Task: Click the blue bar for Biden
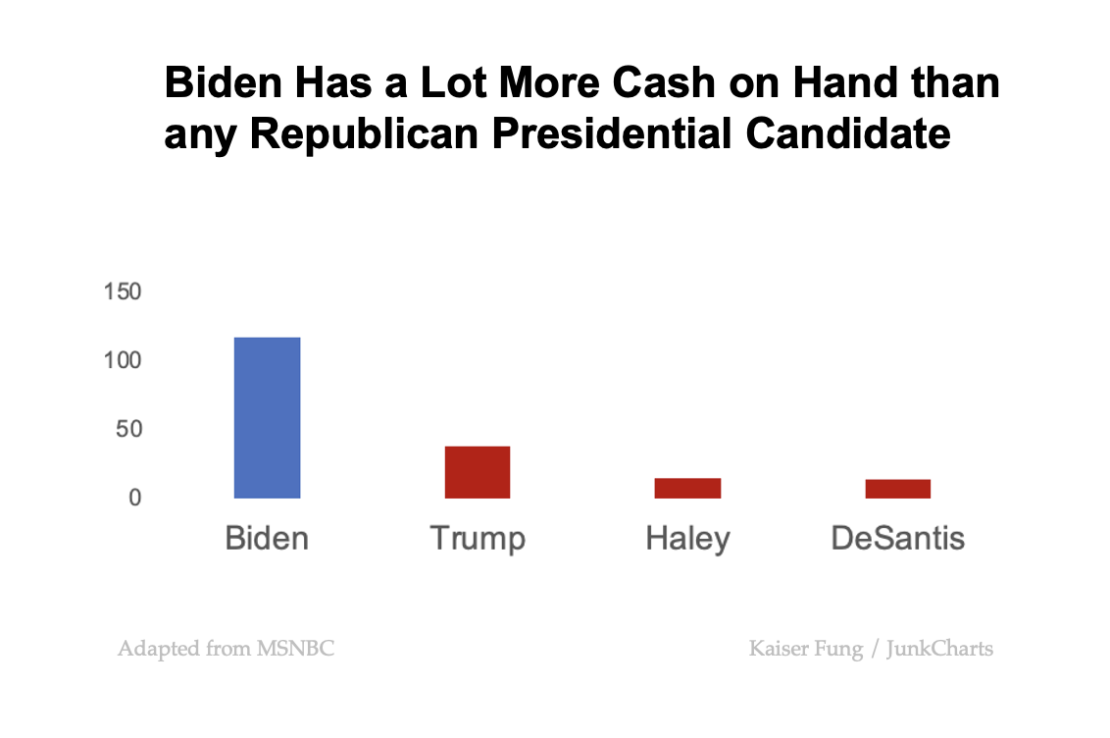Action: click(267, 418)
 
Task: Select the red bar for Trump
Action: click(478, 472)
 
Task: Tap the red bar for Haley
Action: click(687, 488)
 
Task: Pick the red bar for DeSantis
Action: click(897, 489)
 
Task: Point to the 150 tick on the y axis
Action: click(123, 292)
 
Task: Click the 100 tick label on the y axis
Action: click(123, 361)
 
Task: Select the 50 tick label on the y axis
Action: click(127, 430)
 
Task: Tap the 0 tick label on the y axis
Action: click(134, 499)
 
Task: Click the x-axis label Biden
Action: click(267, 539)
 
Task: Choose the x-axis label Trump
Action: click(478, 540)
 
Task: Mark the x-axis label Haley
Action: click(687, 540)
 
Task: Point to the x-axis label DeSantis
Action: click(897, 539)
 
